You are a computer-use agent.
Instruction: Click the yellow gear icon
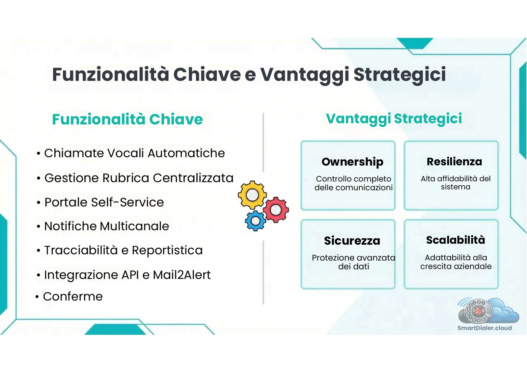pyautogui.click(x=252, y=195)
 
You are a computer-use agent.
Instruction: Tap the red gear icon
pyautogui.click(x=276, y=209)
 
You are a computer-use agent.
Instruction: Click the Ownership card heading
pyautogui.click(x=352, y=162)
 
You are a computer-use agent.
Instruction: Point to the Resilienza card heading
pyautogui.click(x=454, y=162)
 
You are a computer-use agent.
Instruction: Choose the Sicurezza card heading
pyautogui.click(x=352, y=241)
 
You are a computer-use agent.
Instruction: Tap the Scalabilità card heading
pyautogui.click(x=455, y=240)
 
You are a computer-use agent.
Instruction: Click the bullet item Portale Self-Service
pyautogui.click(x=104, y=202)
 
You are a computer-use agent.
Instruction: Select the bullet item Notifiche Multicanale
pyautogui.click(x=106, y=226)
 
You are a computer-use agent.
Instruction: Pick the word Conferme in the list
pyautogui.click(x=73, y=296)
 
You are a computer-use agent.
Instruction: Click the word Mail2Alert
pyautogui.click(x=181, y=275)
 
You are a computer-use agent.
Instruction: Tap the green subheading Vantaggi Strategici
pyautogui.click(x=394, y=119)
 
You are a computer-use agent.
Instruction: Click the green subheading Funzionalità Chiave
pyautogui.click(x=127, y=119)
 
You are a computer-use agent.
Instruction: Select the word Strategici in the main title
pyautogui.click(x=400, y=75)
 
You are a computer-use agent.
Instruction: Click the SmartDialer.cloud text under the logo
pyautogui.click(x=484, y=328)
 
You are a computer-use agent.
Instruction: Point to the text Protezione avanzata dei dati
pyautogui.click(x=353, y=262)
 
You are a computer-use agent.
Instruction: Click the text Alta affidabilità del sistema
pyautogui.click(x=456, y=183)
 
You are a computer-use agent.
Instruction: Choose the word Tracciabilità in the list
pyautogui.click(x=81, y=250)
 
